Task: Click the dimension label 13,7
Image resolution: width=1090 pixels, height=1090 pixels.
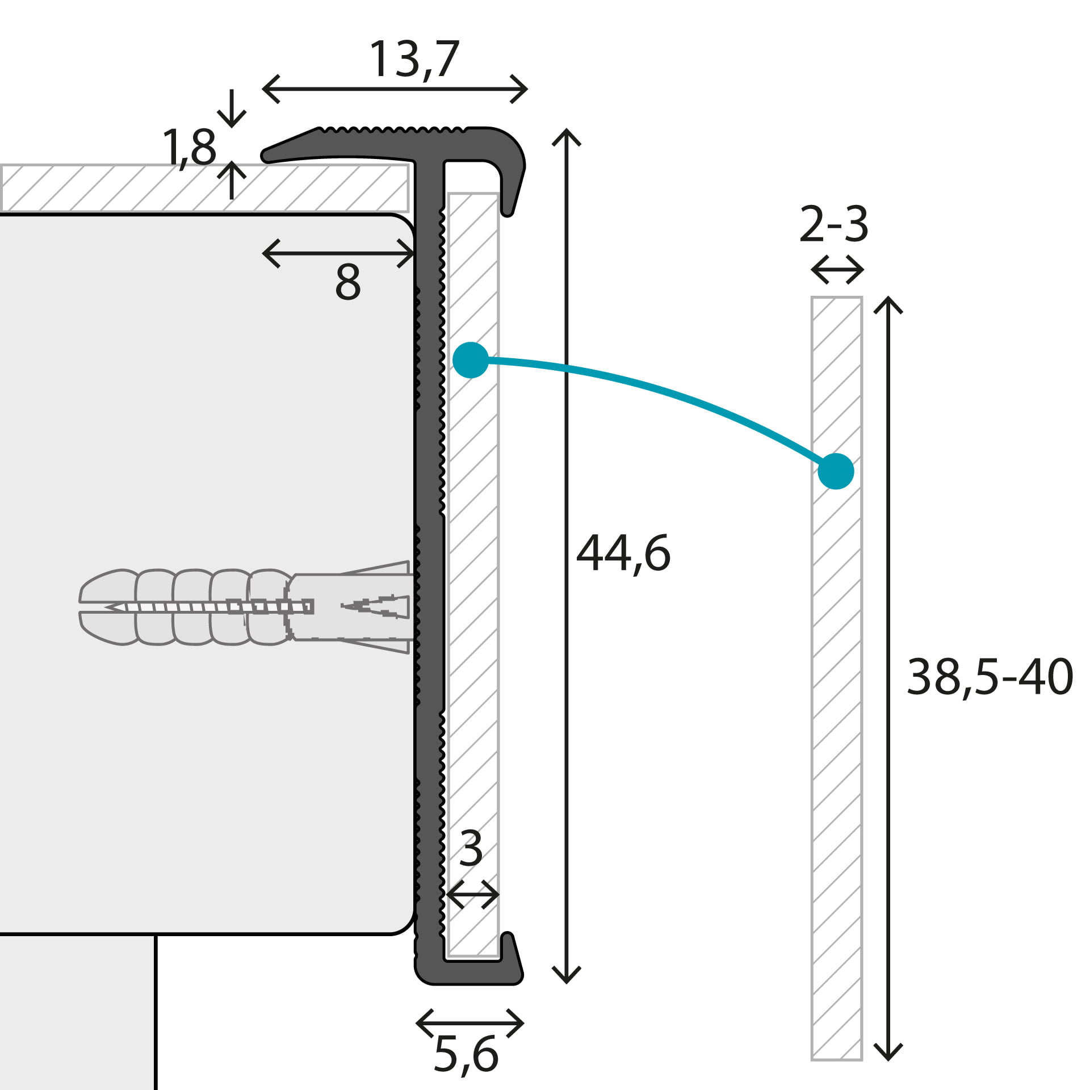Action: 414,60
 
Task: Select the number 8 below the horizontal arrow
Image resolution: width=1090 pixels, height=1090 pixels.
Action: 347,282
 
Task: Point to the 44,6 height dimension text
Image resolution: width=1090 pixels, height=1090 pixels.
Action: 623,554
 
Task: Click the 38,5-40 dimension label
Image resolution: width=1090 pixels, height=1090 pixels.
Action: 990,677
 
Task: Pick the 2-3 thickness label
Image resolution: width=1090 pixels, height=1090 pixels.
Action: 833,225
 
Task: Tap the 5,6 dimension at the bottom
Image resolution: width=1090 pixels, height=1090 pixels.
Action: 466,1054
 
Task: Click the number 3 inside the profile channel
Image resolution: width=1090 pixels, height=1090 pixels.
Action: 471,849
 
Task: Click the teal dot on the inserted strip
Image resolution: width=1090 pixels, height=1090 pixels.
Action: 471,360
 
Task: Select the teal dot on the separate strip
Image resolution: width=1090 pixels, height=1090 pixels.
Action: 836,471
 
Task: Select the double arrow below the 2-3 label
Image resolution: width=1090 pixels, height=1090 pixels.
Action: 837,270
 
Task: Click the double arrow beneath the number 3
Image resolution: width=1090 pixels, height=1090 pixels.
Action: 472,895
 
